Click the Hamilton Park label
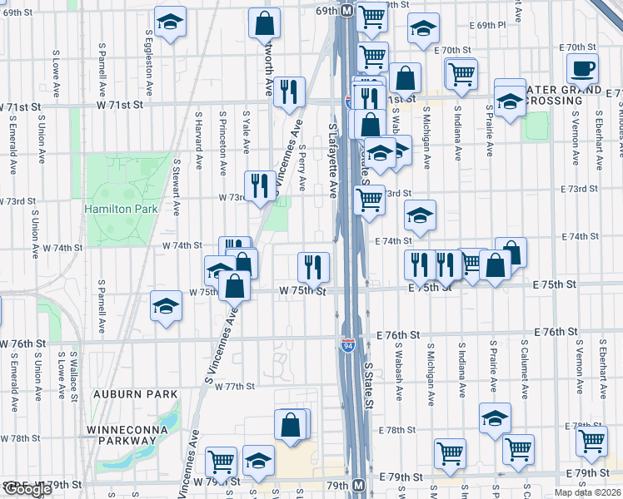[x=121, y=209]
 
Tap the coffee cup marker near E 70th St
[x=582, y=69]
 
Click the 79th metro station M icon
[x=359, y=485]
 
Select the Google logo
[x=27, y=489]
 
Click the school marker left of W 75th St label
[x=167, y=305]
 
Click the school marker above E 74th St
[x=421, y=215]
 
